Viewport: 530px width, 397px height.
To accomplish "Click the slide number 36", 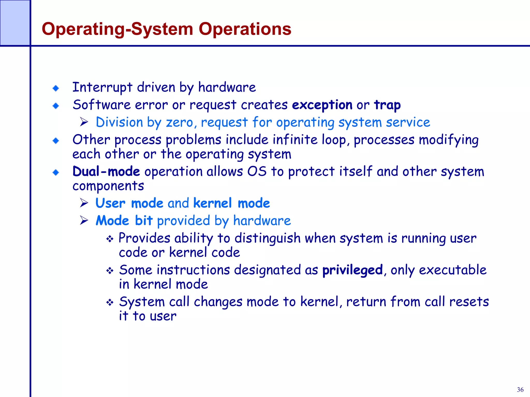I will [x=520, y=390].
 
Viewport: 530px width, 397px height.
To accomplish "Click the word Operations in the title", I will [x=245, y=29].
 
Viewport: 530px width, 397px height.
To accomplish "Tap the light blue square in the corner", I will [x=15, y=23].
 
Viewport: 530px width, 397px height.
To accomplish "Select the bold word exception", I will [x=322, y=105].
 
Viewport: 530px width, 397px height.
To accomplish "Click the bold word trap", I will [x=387, y=105].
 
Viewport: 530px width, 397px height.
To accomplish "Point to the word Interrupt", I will [x=102, y=87].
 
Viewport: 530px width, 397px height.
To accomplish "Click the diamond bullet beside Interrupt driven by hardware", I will [x=56, y=88].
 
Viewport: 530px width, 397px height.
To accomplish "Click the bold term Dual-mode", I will [x=106, y=171].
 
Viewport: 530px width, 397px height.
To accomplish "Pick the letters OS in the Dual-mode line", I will [x=257, y=171].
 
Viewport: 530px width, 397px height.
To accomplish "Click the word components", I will [x=108, y=186].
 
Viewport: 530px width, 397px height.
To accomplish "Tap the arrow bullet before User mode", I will [x=84, y=203].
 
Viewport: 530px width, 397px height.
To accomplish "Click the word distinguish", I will [x=267, y=238].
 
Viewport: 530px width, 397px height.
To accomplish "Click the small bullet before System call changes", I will [x=110, y=302].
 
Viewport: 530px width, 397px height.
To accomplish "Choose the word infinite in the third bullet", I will [x=295, y=140].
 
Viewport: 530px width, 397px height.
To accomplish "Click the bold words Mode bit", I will [x=124, y=221].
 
